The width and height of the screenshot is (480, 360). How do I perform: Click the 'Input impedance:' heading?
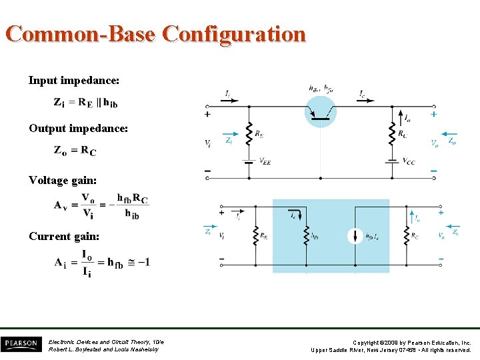[74, 81]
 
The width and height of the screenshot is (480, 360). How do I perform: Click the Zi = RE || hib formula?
[85, 103]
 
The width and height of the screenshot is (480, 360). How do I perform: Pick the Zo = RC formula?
[75, 150]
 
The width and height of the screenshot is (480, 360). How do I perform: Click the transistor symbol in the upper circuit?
[321, 111]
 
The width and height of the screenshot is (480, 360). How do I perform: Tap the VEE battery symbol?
[249, 161]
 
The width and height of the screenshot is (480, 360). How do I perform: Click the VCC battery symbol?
[393, 161]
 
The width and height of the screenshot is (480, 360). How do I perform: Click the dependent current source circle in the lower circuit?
[355, 235]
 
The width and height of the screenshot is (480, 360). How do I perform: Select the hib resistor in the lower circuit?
[306, 235]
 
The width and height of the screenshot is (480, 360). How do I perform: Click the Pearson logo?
[21, 344]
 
